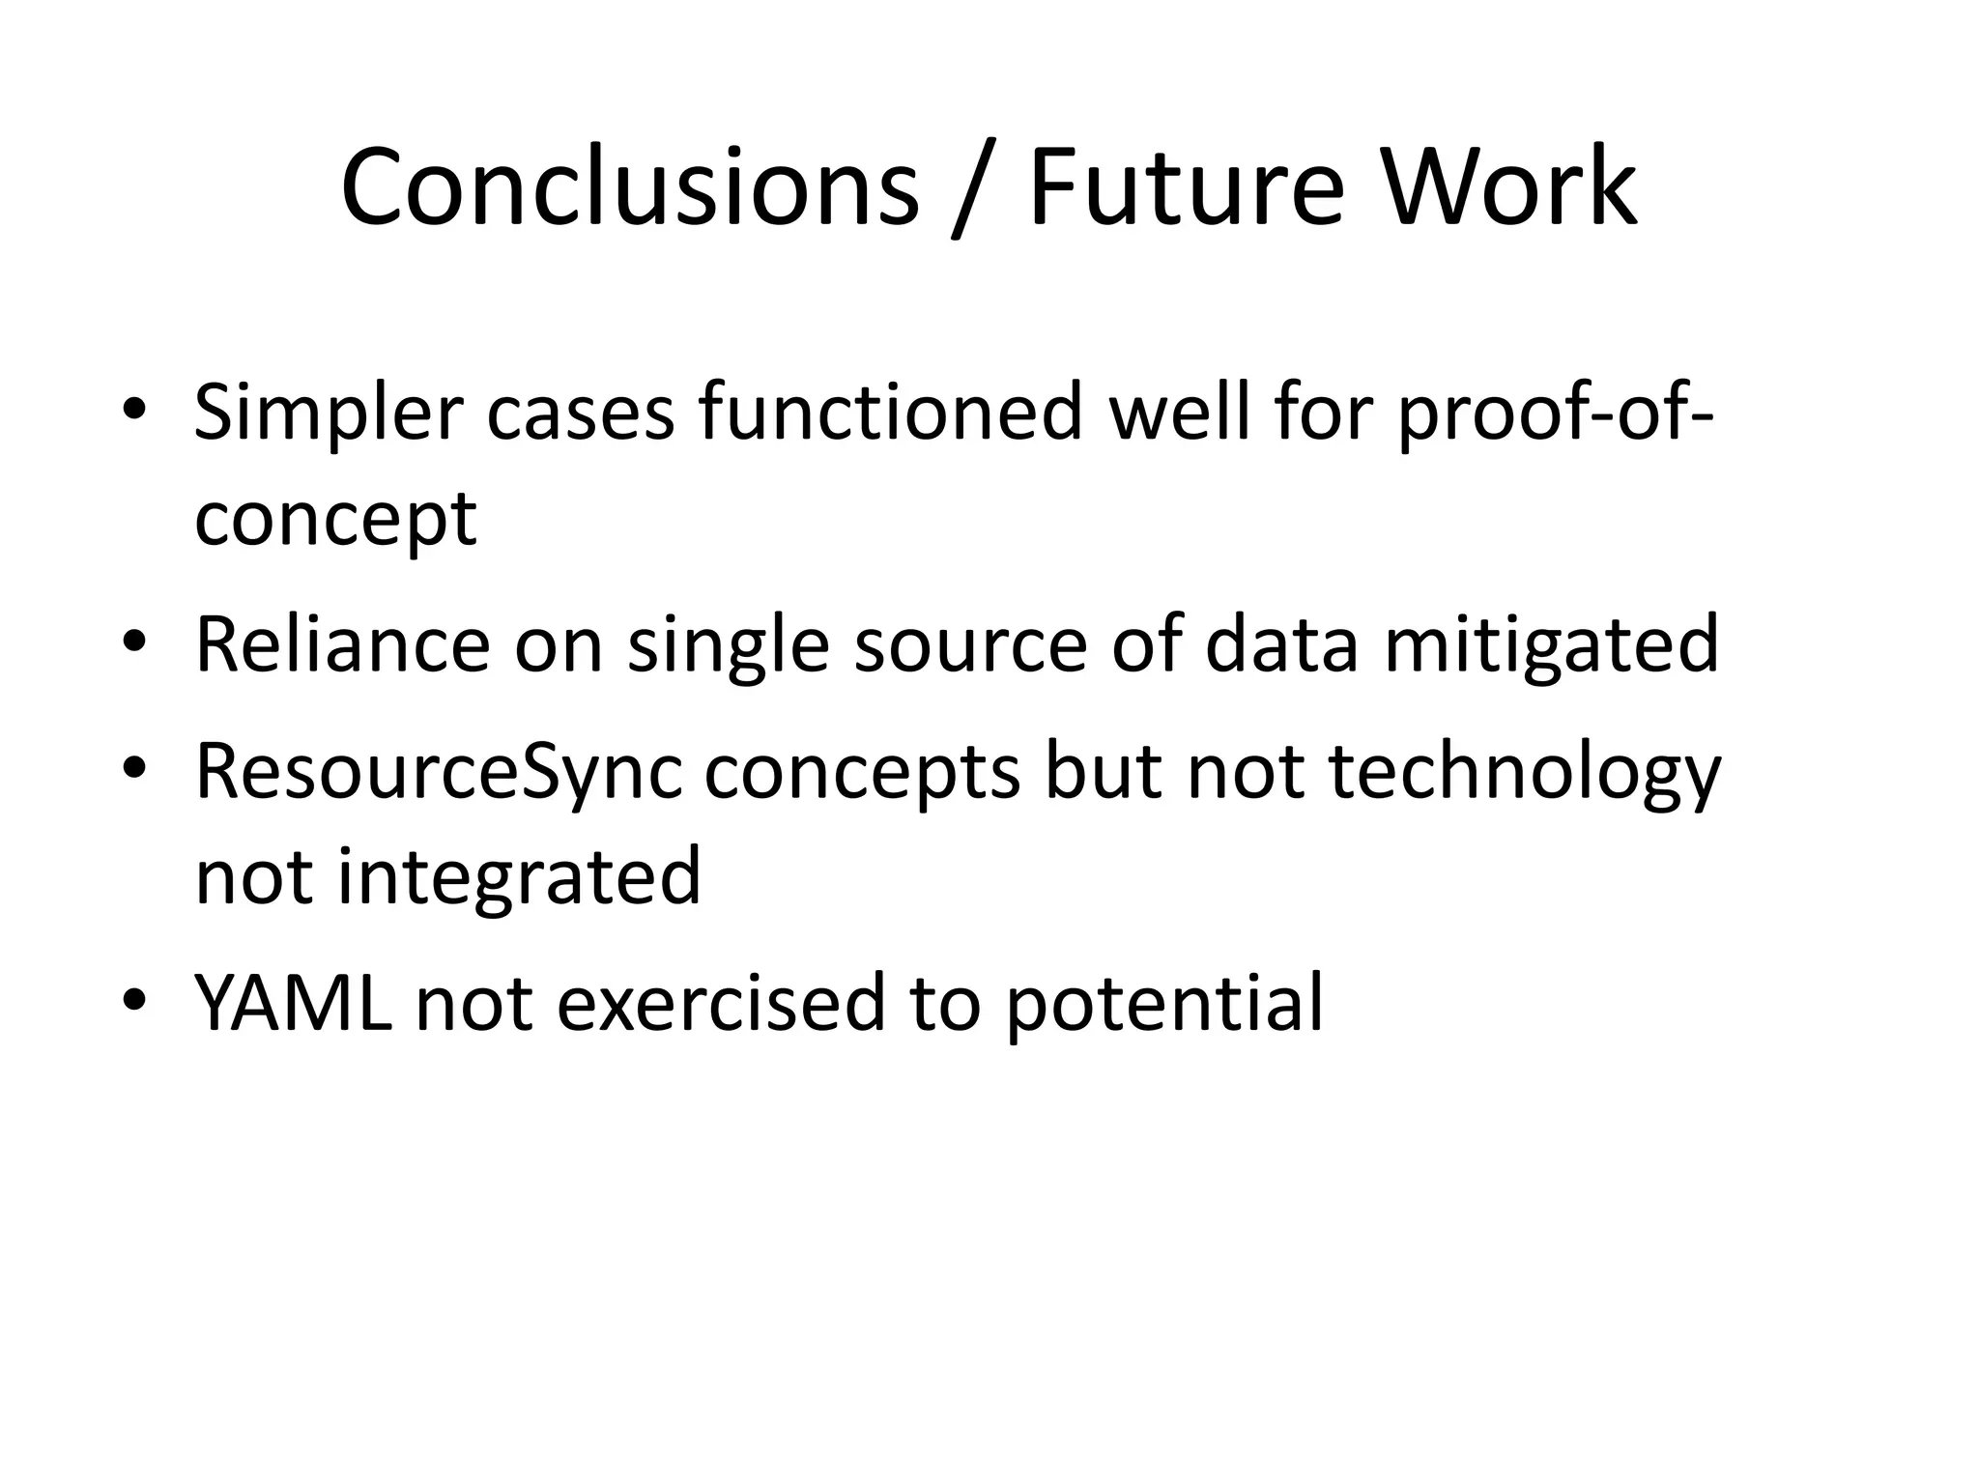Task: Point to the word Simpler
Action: (x=329, y=414)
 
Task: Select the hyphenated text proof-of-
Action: (x=1556, y=414)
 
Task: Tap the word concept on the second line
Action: (x=335, y=520)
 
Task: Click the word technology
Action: (x=1525, y=773)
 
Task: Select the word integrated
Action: (x=518, y=875)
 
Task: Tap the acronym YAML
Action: (x=293, y=1003)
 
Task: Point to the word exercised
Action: (x=721, y=1003)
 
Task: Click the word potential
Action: (x=1163, y=1003)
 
